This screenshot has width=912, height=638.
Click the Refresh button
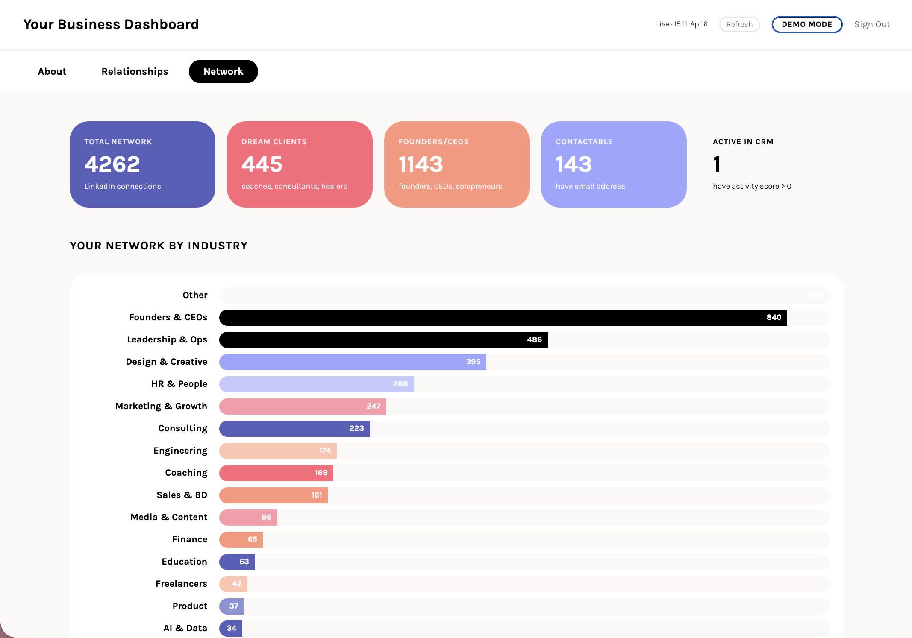739,24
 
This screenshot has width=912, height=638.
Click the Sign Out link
872,24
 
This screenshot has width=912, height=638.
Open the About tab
52,71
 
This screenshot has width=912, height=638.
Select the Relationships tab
135,71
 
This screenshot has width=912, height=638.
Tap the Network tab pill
223,71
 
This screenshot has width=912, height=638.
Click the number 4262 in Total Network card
112,164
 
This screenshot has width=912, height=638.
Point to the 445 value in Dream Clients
262,164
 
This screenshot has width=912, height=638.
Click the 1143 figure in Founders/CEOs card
421,164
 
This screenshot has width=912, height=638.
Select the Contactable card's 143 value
574,164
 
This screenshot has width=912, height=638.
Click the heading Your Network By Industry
159,246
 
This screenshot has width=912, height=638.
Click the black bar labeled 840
503,317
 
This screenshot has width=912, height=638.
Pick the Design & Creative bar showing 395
352,362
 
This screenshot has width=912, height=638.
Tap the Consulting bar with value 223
294,428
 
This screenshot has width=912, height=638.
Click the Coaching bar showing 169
276,473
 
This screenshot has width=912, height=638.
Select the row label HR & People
179,384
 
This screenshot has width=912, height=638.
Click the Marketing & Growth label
161,406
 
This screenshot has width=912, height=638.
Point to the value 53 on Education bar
244,562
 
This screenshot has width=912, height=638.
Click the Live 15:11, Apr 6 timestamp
682,24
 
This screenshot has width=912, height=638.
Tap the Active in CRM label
743,142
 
